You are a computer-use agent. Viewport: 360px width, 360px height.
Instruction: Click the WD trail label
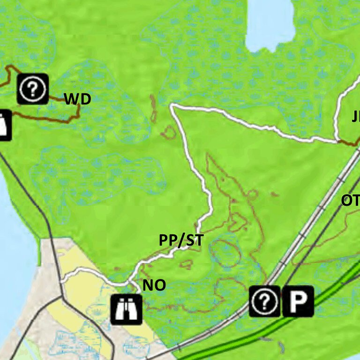pyautogui.click(x=77, y=99)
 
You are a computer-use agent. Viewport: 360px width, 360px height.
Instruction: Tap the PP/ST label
pyautogui.click(x=181, y=240)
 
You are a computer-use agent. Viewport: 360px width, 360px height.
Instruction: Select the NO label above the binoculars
pyautogui.click(x=154, y=285)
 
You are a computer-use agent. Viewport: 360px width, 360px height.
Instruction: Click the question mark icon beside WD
pyautogui.click(x=33, y=88)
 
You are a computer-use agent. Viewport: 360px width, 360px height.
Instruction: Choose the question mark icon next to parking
pyautogui.click(x=264, y=301)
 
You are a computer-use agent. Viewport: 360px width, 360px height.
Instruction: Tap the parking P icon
pyautogui.click(x=298, y=301)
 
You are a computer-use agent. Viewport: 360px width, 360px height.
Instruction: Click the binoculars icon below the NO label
pyautogui.click(x=127, y=309)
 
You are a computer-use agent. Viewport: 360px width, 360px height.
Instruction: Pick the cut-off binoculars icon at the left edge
pyautogui.click(x=4, y=125)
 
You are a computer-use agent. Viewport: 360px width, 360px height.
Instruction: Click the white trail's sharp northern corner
pyautogui.click(x=172, y=106)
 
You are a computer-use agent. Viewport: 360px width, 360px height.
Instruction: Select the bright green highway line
pyautogui.click(x=281, y=323)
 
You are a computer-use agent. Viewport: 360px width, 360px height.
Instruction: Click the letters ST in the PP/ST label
pyautogui.click(x=194, y=240)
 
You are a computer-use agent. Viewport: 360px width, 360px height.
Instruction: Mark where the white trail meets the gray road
pyautogui.click(x=61, y=281)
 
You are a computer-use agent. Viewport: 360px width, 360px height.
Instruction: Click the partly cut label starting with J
pyautogui.click(x=356, y=117)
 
